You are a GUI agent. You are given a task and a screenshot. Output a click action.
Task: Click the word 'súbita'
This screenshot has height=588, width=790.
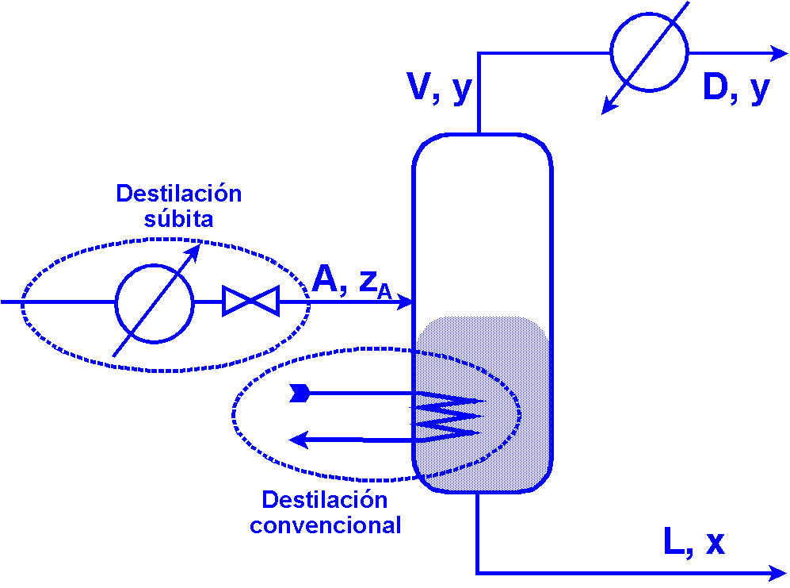178,219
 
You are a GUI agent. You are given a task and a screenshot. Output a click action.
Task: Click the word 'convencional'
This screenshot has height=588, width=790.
325,525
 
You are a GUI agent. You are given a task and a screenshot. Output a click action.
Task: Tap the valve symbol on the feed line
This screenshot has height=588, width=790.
250,302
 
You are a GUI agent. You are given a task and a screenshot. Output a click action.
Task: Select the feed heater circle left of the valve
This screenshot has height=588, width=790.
155,302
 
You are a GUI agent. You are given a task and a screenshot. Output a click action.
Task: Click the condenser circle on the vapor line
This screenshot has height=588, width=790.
649,53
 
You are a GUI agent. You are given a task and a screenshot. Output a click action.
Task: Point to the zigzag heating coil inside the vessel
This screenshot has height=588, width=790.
448,416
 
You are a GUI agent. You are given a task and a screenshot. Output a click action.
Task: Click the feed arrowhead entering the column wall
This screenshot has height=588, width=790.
406,302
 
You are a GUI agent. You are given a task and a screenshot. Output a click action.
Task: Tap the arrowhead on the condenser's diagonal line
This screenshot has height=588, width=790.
609,106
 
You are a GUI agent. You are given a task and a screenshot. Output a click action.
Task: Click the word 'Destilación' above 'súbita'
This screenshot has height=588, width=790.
178,194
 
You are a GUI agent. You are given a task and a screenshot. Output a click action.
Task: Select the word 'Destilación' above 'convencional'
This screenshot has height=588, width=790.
324,500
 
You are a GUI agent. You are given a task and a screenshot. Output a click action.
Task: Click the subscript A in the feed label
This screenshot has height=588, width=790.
384,293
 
